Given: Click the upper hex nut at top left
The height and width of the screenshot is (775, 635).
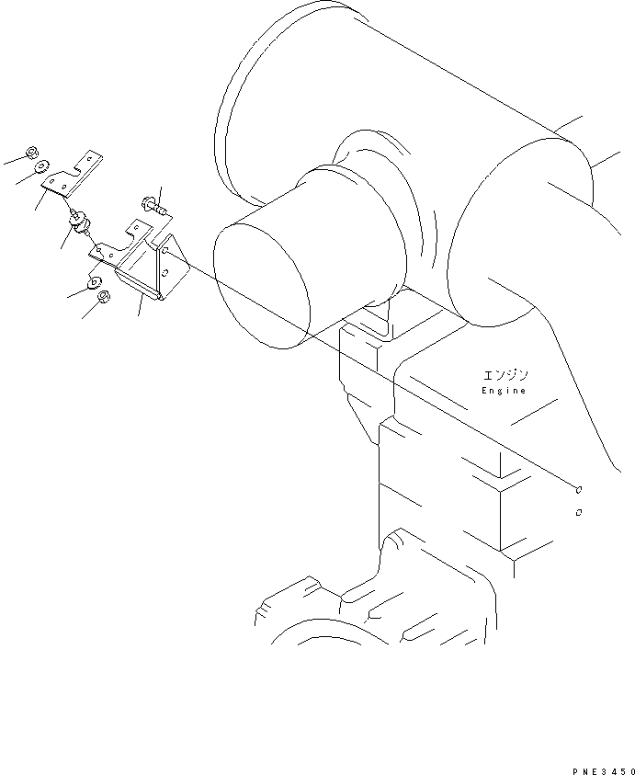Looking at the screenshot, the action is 32,153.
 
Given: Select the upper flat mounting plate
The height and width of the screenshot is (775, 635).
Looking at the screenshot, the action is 74,175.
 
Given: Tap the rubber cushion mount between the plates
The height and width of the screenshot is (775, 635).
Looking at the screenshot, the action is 78,222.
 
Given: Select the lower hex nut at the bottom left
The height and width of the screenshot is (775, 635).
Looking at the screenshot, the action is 104,296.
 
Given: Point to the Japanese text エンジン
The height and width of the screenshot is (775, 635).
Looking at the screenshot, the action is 505,375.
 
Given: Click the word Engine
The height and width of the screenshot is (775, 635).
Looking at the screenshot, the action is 505,391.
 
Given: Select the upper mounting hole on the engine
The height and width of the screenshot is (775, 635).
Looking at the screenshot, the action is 580,490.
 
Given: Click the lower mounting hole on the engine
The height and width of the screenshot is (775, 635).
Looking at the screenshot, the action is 577,512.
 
